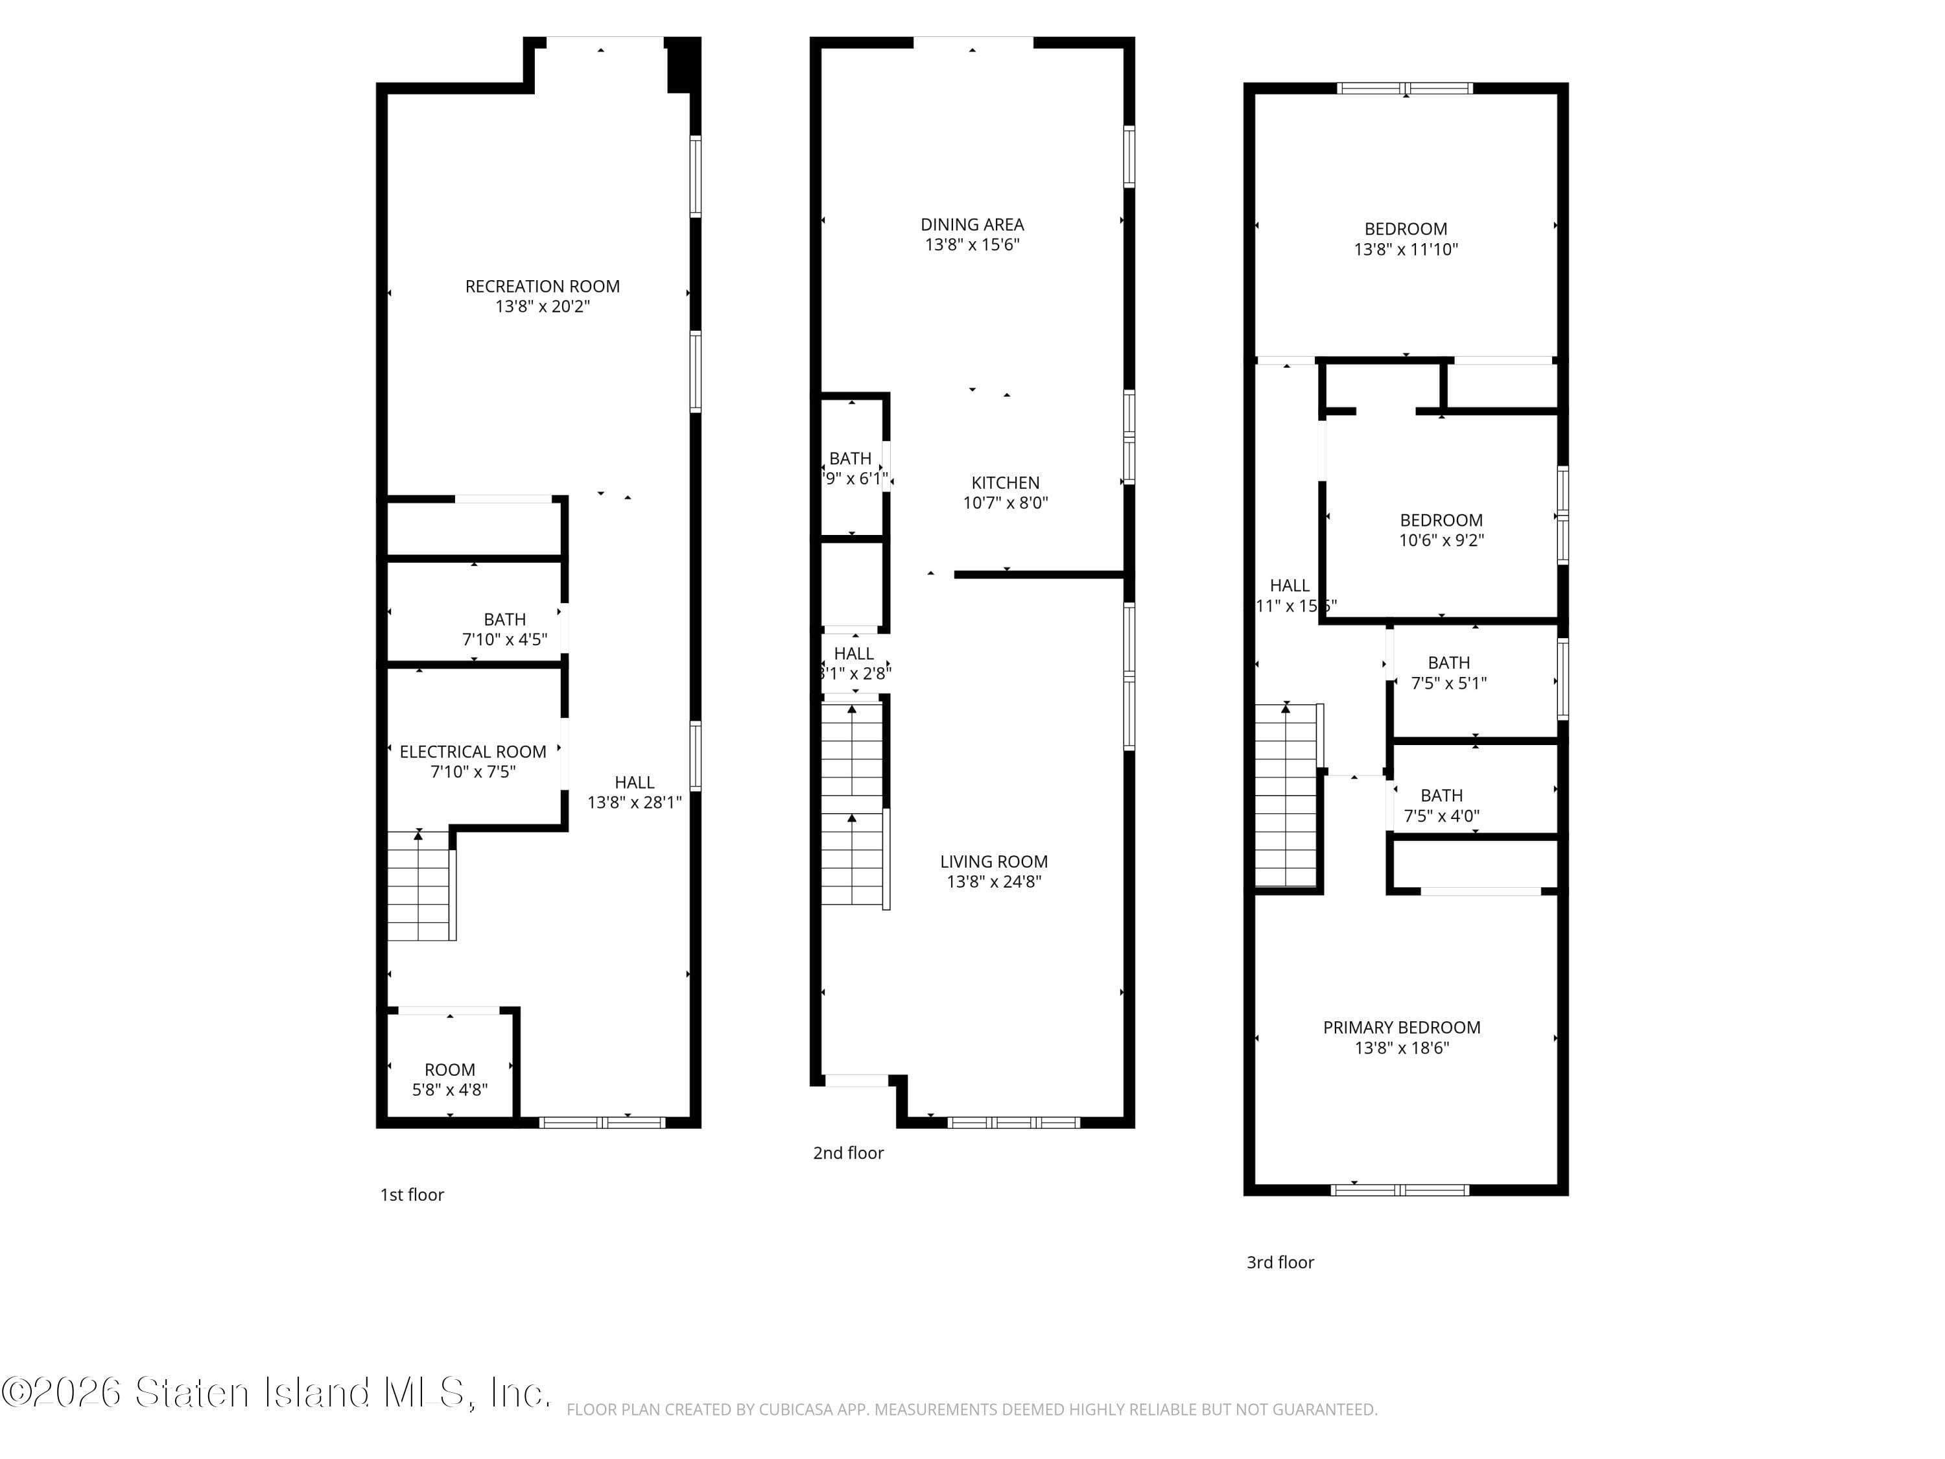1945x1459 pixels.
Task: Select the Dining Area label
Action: point(972,224)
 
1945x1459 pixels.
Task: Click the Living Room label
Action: point(994,862)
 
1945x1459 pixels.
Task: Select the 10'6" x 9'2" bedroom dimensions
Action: point(1441,541)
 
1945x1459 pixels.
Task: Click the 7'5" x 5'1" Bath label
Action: point(1448,662)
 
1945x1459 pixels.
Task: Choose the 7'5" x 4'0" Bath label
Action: point(1441,795)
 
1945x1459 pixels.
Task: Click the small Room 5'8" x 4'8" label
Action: point(449,1069)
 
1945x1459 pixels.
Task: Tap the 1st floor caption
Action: point(412,1194)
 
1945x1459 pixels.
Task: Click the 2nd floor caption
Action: point(847,1153)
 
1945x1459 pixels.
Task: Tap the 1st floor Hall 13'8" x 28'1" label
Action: point(634,782)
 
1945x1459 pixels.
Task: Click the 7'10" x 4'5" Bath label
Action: point(504,619)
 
